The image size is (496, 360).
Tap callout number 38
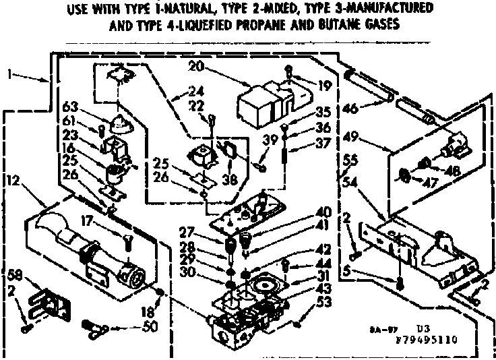pos(232,180)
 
